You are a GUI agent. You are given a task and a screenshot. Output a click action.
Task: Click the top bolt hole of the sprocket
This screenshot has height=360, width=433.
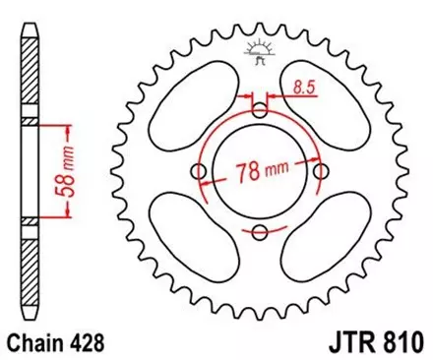(x=259, y=111)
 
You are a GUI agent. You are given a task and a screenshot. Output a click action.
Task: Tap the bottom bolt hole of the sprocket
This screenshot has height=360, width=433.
(x=259, y=232)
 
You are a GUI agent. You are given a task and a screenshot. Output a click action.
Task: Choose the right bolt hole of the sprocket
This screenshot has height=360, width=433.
(x=320, y=172)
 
